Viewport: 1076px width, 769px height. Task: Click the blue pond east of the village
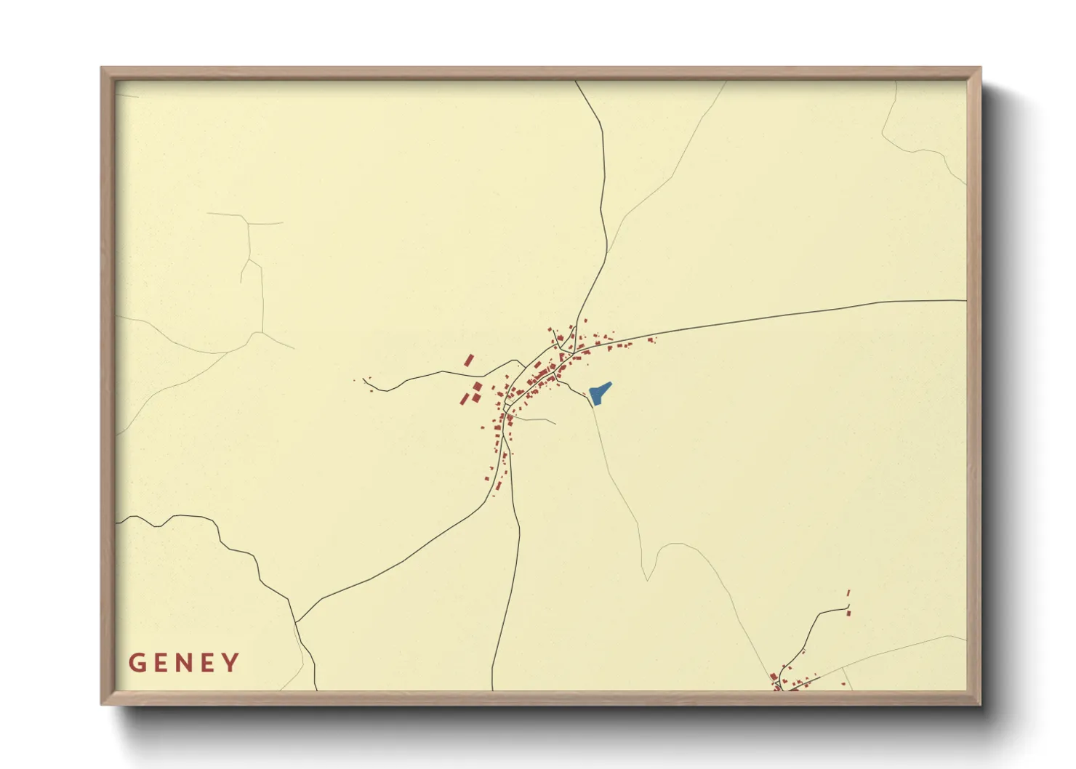tap(599, 394)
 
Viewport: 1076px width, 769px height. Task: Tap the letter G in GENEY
tap(137, 663)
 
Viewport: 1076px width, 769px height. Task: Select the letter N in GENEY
tap(183, 663)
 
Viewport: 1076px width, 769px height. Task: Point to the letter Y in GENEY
tap(231, 663)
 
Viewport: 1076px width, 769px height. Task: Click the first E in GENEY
tap(160, 663)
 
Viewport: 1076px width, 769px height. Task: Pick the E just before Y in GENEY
tap(207, 663)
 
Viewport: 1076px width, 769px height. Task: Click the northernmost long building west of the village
tap(469, 360)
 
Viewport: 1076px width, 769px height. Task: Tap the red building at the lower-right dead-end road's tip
tap(848, 613)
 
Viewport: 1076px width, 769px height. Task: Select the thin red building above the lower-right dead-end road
tap(848, 593)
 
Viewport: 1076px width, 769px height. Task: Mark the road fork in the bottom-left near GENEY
tap(296, 623)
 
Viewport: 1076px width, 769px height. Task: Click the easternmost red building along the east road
tap(652, 339)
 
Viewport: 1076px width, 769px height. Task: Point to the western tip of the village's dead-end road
tap(364, 380)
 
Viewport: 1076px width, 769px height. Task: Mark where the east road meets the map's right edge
tap(966, 300)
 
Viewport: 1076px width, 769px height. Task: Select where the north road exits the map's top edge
tap(576, 81)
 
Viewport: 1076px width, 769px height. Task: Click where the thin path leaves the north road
tap(607, 253)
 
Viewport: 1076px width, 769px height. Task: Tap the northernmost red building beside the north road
tap(585, 320)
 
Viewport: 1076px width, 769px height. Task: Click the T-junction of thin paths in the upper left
tap(249, 222)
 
